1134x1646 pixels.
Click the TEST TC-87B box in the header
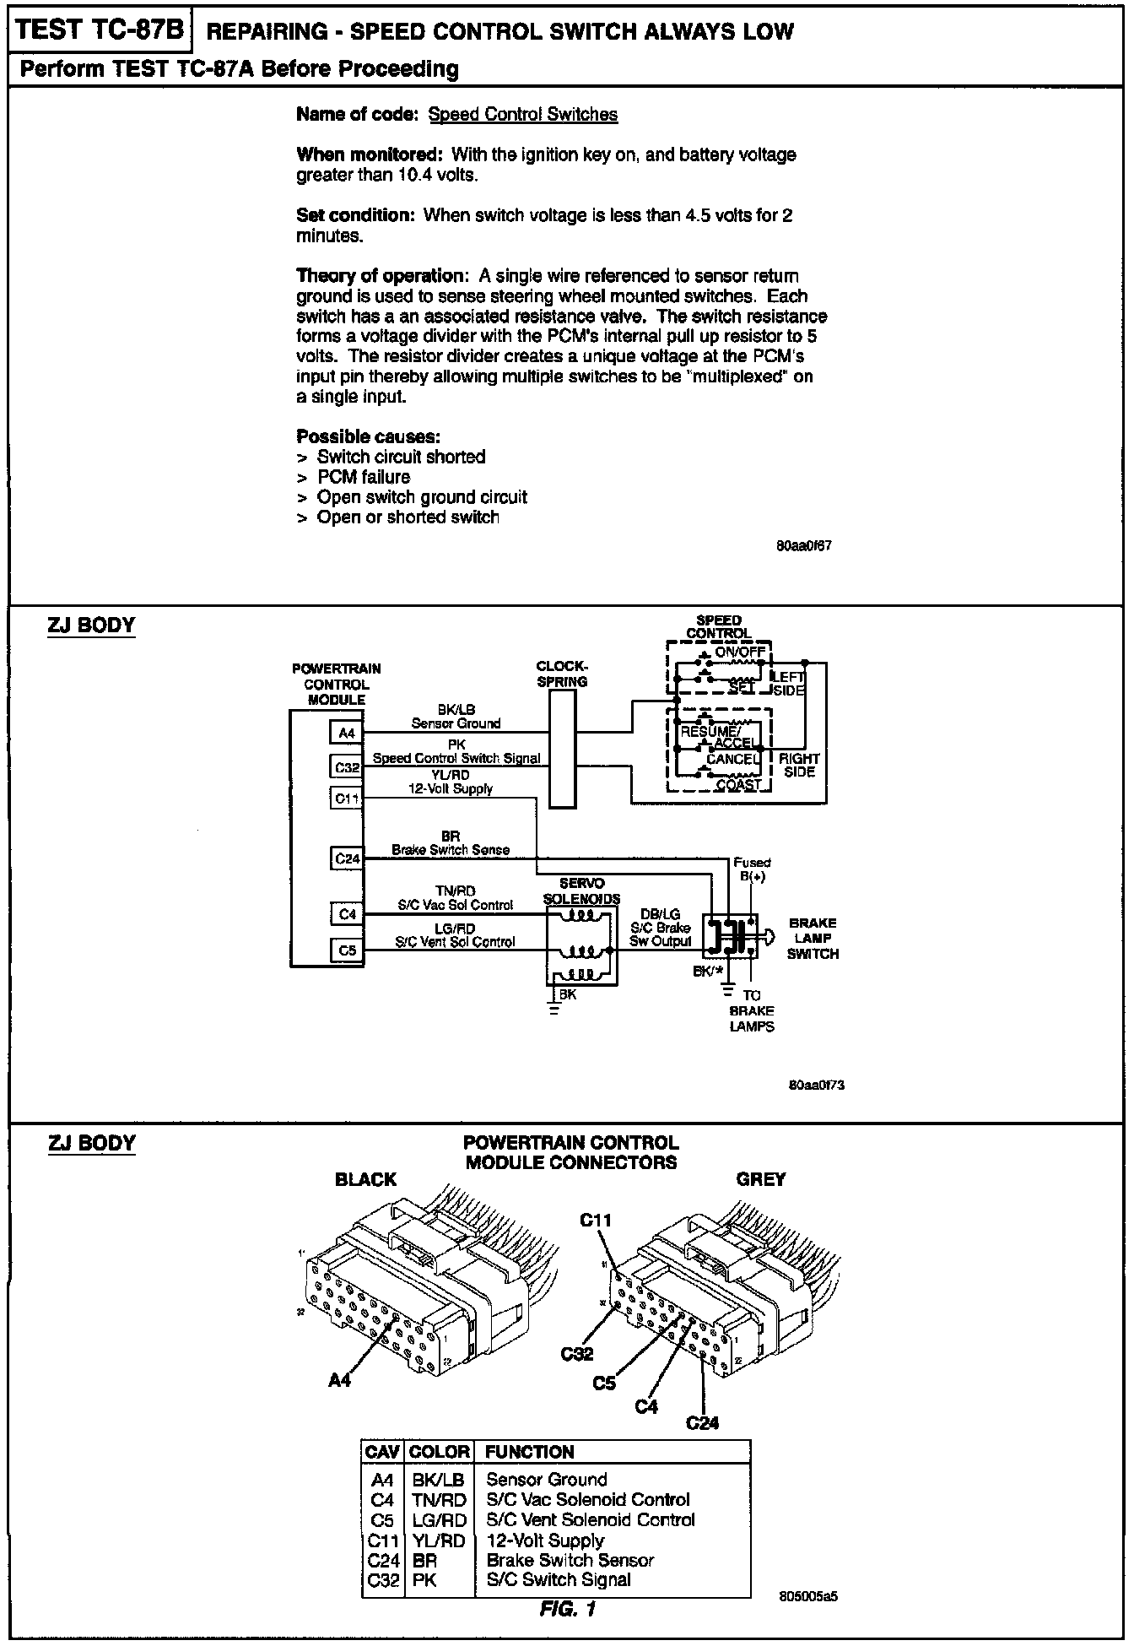point(100,30)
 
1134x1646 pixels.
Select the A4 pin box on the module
point(347,733)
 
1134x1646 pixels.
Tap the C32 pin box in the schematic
point(347,767)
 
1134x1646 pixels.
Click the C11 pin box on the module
point(347,798)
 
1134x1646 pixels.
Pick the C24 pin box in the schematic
point(347,859)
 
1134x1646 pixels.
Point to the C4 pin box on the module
point(347,914)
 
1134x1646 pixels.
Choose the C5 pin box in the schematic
point(347,950)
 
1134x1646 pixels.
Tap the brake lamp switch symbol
point(732,935)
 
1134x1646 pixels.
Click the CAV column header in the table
point(383,1452)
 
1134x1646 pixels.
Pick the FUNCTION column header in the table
point(530,1452)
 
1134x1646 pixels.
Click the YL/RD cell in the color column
point(439,1540)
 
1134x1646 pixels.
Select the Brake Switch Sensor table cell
point(570,1560)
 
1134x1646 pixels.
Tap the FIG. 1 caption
point(567,1609)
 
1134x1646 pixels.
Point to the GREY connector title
point(761,1179)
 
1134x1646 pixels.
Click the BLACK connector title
point(365,1179)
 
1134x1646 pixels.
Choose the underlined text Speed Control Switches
point(523,115)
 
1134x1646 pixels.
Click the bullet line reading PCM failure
point(363,477)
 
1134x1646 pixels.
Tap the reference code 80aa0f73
point(816,1085)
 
